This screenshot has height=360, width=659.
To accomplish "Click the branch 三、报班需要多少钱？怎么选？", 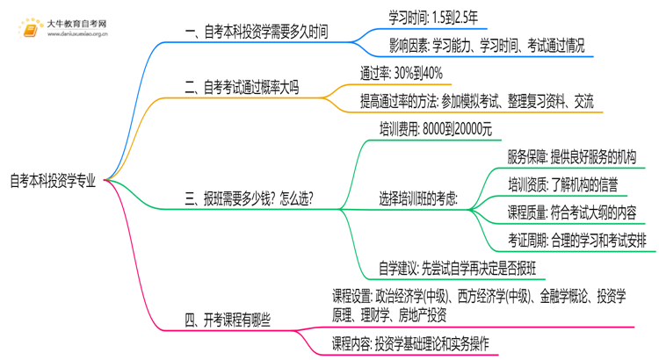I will (x=250, y=198).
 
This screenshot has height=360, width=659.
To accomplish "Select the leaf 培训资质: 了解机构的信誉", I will (x=561, y=184).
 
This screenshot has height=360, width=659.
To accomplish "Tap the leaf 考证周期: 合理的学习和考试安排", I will (x=581, y=240).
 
